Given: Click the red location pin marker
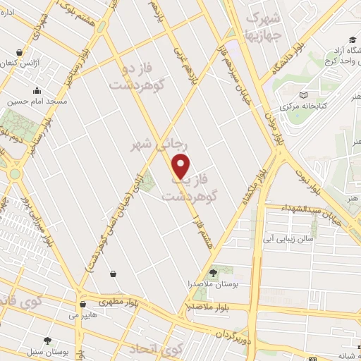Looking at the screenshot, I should point(181,166).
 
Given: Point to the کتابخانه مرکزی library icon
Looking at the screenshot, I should point(304,95).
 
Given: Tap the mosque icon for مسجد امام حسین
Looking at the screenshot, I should point(37,90).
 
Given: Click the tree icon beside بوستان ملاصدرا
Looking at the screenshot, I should point(214,273).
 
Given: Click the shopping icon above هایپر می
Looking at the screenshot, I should point(84,305).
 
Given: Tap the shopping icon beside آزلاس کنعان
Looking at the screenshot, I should point(20,51).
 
